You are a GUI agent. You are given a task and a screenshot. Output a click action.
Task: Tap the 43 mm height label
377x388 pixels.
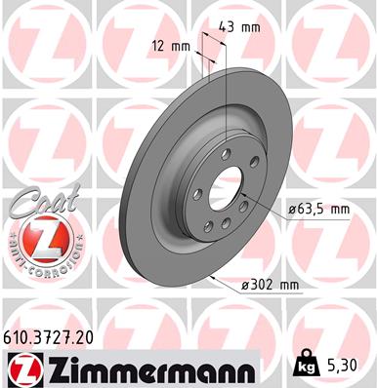click(x=242, y=25)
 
